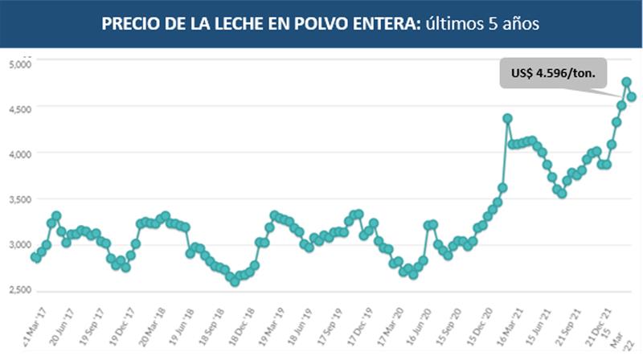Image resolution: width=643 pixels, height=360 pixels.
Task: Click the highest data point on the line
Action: click(626, 82)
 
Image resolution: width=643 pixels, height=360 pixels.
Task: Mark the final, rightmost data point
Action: click(632, 97)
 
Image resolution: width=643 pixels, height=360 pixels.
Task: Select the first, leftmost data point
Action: click(35, 257)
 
